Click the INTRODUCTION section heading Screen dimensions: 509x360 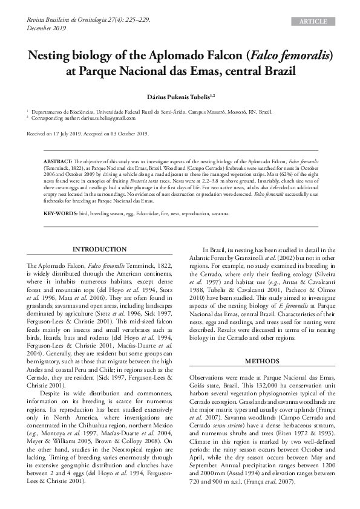100,249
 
